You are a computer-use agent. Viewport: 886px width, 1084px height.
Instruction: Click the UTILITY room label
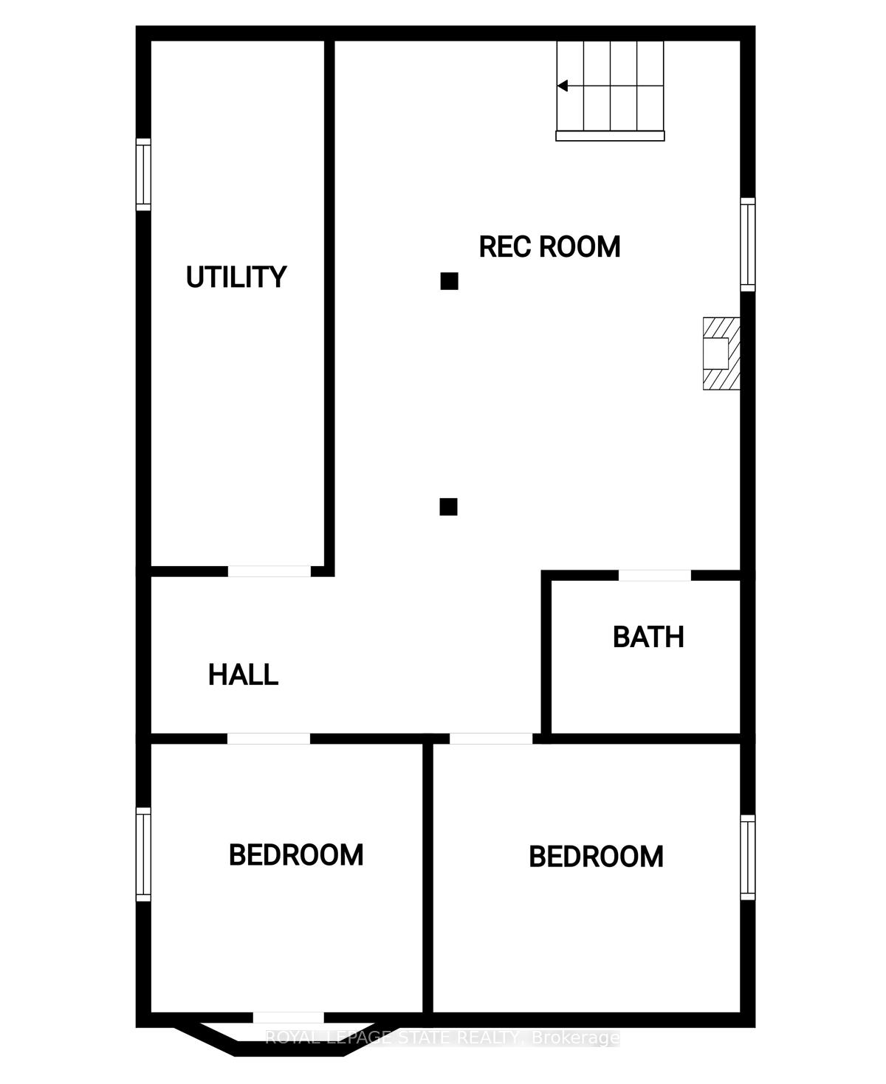[236, 277]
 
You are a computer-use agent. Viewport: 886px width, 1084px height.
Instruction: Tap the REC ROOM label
[549, 246]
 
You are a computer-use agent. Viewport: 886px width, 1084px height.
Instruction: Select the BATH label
[648, 638]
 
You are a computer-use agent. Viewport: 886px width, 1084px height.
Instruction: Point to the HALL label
[243, 674]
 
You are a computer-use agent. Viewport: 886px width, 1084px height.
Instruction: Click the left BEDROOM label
[295, 855]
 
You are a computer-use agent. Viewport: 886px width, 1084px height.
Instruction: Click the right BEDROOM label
[596, 857]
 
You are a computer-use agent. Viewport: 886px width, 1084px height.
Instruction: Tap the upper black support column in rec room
[449, 281]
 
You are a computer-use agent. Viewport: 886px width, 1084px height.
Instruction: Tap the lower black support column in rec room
[448, 507]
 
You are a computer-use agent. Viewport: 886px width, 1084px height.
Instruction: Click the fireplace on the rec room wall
[721, 353]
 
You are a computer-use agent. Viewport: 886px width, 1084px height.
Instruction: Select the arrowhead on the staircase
[563, 86]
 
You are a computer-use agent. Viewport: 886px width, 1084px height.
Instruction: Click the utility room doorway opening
[269, 571]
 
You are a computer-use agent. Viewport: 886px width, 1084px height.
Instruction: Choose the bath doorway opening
[655, 575]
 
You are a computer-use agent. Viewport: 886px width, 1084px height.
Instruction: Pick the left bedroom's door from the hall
[269, 739]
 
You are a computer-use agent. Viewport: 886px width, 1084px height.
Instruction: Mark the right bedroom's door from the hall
[491, 739]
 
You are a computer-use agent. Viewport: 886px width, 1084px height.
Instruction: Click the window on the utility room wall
[143, 174]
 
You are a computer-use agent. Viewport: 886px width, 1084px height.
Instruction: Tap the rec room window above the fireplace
[748, 245]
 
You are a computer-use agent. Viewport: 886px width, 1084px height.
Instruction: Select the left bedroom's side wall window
[143, 855]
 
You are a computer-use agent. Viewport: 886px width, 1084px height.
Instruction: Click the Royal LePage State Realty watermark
[442, 1038]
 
